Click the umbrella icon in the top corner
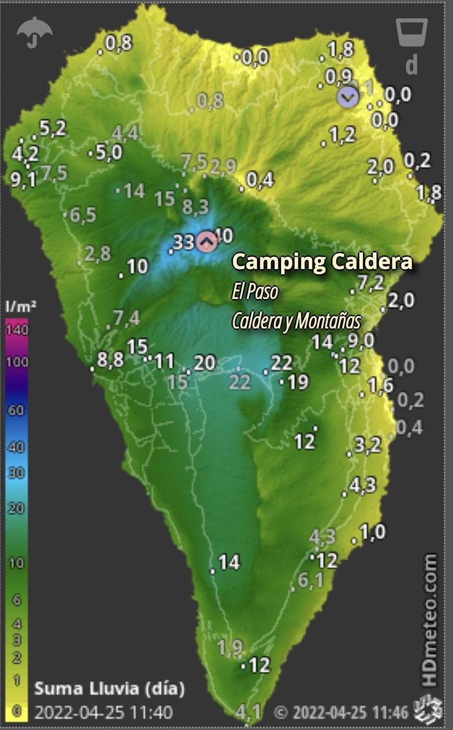(x=35, y=32)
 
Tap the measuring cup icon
(x=411, y=33)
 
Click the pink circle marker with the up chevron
(x=206, y=242)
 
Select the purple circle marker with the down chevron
(x=347, y=97)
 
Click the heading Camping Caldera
(x=322, y=262)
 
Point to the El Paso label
(x=255, y=292)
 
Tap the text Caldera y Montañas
(x=296, y=321)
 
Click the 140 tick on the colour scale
(x=17, y=329)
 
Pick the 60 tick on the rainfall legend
(x=17, y=411)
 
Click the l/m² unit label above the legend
(x=20, y=307)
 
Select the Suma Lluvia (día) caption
(x=109, y=688)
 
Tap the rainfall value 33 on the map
(x=184, y=242)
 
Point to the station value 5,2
(x=52, y=128)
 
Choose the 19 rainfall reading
(x=298, y=382)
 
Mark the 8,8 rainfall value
(x=111, y=360)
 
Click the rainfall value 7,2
(x=371, y=282)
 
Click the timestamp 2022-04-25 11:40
(x=103, y=713)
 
